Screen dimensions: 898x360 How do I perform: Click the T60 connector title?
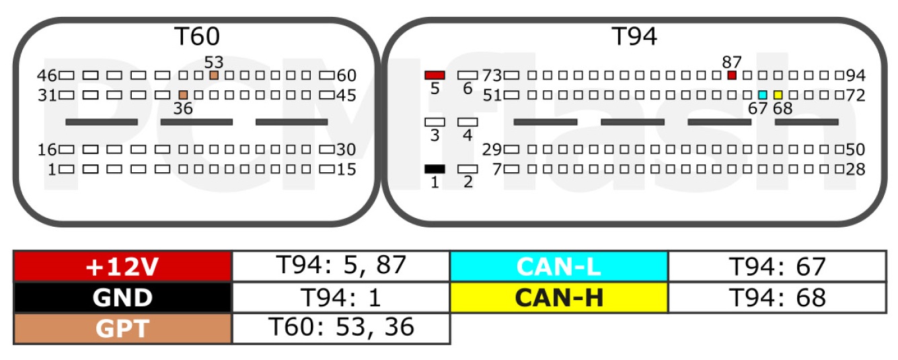(197, 36)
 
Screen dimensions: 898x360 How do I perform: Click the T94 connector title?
(634, 36)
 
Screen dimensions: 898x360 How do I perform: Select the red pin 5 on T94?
(435, 75)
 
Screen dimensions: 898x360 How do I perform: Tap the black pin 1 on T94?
(435, 169)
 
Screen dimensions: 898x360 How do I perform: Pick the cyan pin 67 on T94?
(763, 95)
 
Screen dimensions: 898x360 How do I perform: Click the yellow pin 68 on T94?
(778, 95)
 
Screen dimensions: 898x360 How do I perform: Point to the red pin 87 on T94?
(732, 75)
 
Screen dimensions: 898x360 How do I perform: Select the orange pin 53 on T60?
(214, 75)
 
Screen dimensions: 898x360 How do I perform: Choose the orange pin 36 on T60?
(183, 95)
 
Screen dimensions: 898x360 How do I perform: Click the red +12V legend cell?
(123, 266)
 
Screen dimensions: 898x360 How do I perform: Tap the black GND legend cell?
(123, 297)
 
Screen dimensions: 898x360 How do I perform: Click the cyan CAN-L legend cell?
(559, 266)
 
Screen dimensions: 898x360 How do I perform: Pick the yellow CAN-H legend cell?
(559, 297)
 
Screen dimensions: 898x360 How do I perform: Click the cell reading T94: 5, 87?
(341, 266)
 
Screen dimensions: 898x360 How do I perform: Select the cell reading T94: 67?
(778, 266)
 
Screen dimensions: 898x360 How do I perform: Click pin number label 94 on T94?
(856, 75)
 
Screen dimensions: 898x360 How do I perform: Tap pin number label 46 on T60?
(47, 75)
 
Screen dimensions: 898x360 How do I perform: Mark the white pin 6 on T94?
(467, 75)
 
